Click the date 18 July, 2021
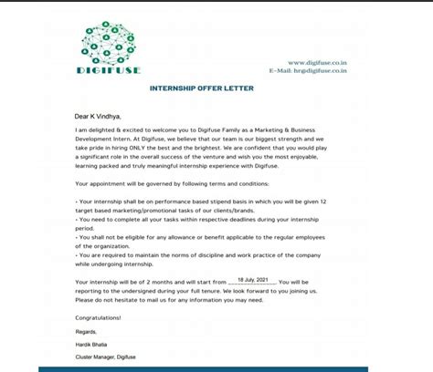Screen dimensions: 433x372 point(251,282)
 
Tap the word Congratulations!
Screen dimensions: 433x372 point(98,317)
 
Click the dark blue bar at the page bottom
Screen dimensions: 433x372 point(216,368)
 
